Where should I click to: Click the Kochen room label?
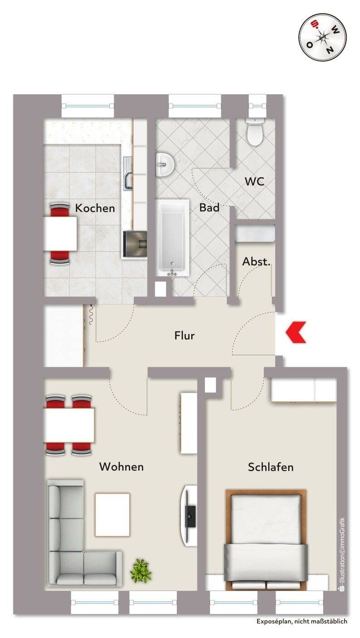click(x=95, y=208)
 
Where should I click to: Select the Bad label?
click(x=209, y=207)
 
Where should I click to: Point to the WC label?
click(x=254, y=181)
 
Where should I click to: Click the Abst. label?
click(x=256, y=262)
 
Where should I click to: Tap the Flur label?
click(x=185, y=336)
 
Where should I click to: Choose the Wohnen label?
click(x=122, y=467)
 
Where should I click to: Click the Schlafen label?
click(x=271, y=467)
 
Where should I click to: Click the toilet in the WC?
click(x=255, y=131)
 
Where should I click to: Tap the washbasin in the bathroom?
click(x=165, y=165)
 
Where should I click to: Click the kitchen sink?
click(x=128, y=174)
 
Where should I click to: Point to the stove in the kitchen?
click(x=135, y=244)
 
